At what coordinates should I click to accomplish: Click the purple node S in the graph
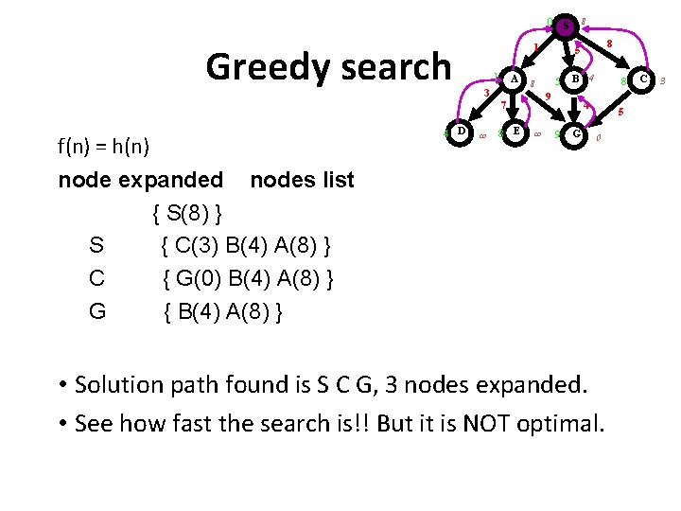(566, 26)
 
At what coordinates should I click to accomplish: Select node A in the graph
(514, 80)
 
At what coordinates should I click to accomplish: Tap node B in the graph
(574, 80)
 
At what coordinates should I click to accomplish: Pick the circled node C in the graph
(643, 80)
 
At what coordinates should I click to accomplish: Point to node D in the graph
(459, 132)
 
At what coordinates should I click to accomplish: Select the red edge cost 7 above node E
(503, 105)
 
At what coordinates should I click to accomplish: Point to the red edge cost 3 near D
(485, 93)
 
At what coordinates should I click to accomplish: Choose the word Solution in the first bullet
(126, 384)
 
